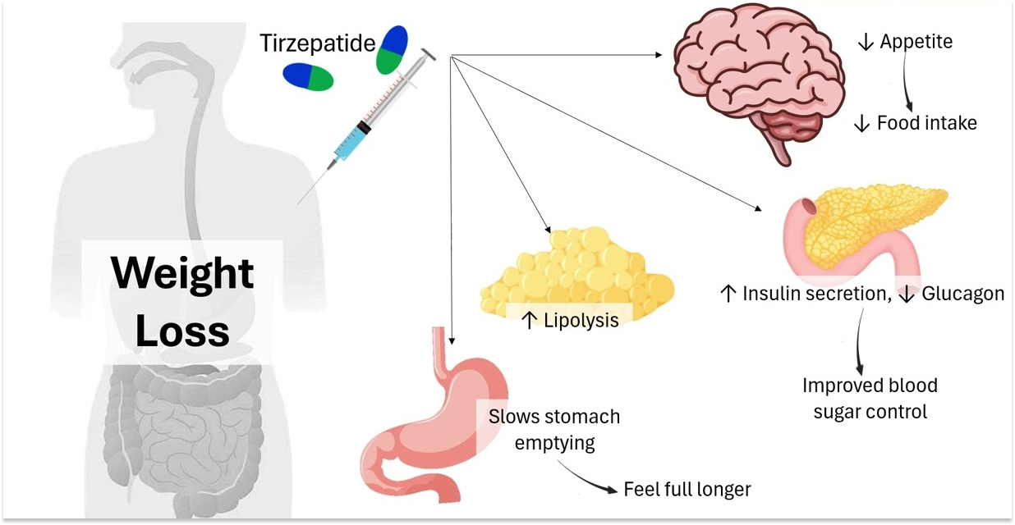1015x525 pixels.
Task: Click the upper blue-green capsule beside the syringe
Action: pyautogui.click(x=393, y=49)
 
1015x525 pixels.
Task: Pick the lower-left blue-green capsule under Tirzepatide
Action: pyautogui.click(x=308, y=76)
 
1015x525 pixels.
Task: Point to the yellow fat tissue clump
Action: pyautogui.click(x=575, y=271)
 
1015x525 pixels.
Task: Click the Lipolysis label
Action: pyautogui.click(x=570, y=319)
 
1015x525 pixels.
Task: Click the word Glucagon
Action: pyautogui.click(x=962, y=294)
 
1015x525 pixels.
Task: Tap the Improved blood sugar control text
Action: pyautogui.click(x=870, y=398)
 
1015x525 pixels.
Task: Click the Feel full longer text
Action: pyautogui.click(x=687, y=490)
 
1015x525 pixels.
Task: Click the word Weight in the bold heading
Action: pyautogui.click(x=182, y=273)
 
